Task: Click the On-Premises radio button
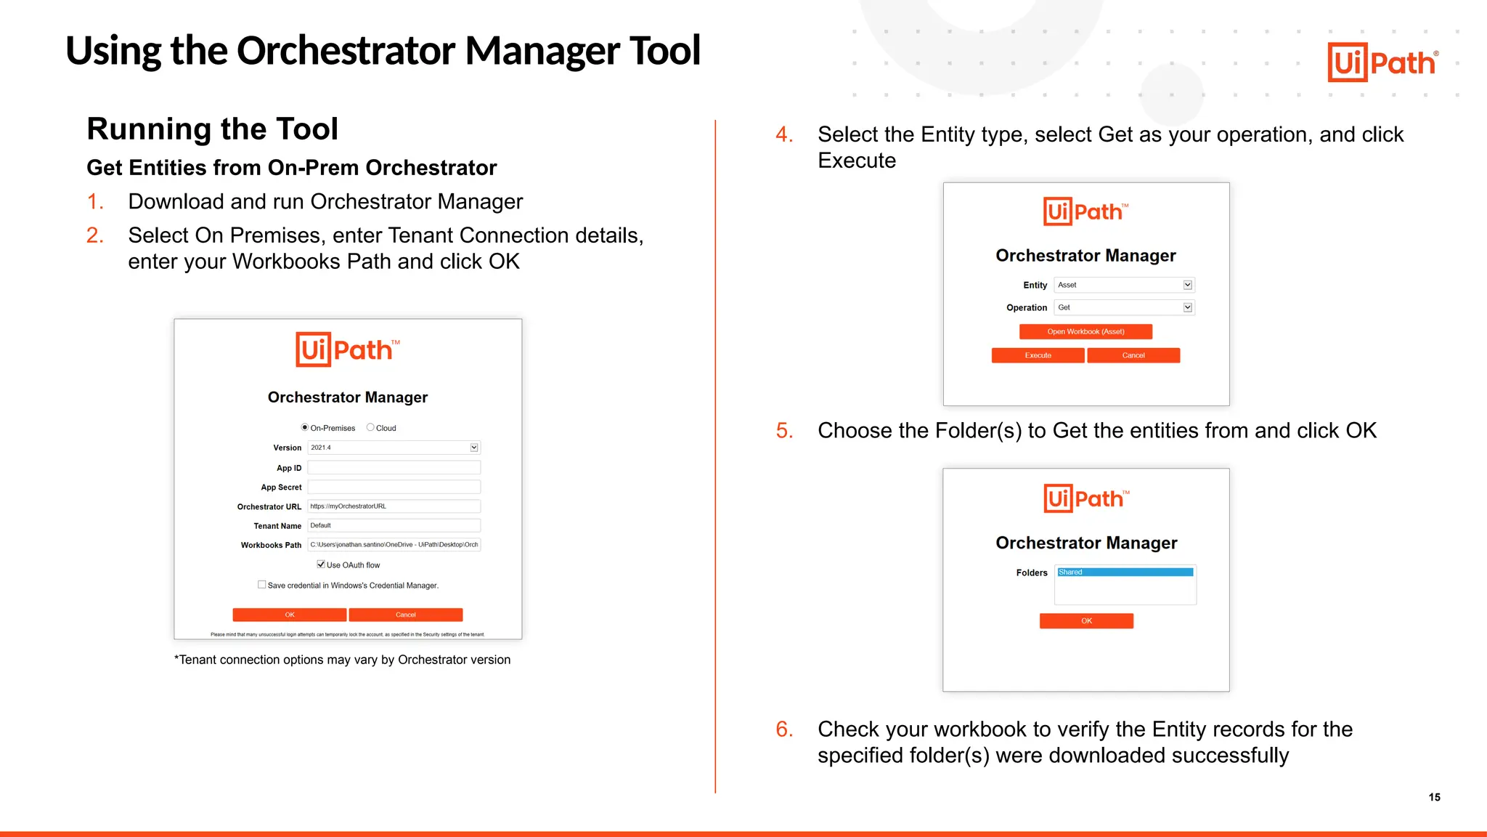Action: coord(305,428)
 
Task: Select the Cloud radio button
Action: coord(370,428)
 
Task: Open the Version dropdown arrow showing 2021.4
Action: coord(474,448)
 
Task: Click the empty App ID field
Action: coord(394,468)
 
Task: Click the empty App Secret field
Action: coord(394,488)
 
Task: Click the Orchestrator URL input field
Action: coord(394,506)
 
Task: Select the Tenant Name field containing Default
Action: coord(394,525)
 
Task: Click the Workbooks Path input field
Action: coord(394,545)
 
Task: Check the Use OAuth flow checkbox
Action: coord(321,565)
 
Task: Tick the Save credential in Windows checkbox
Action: coord(262,585)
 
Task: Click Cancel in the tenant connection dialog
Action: coord(405,615)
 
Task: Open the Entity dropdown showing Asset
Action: coord(1188,285)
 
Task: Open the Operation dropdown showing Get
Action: coord(1188,307)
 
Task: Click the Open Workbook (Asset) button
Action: coord(1085,331)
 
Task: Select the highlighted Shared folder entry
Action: coord(1125,573)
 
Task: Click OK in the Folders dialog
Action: coord(1086,620)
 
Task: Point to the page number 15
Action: coord(1434,797)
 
